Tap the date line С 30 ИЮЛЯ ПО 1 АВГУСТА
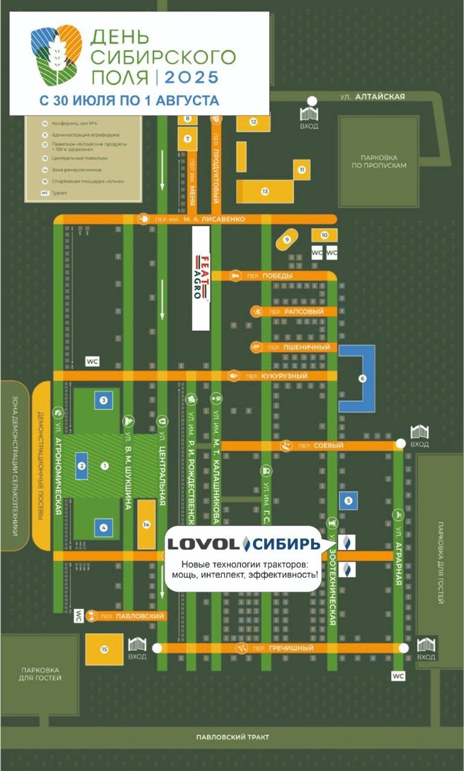(x=129, y=101)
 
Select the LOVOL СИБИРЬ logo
(x=244, y=544)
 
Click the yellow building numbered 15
(x=104, y=650)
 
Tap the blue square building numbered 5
(x=348, y=499)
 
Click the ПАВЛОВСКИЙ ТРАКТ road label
(x=233, y=737)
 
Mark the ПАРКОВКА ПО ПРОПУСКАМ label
(x=384, y=161)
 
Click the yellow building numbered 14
(x=147, y=525)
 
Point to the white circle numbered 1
(x=105, y=465)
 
